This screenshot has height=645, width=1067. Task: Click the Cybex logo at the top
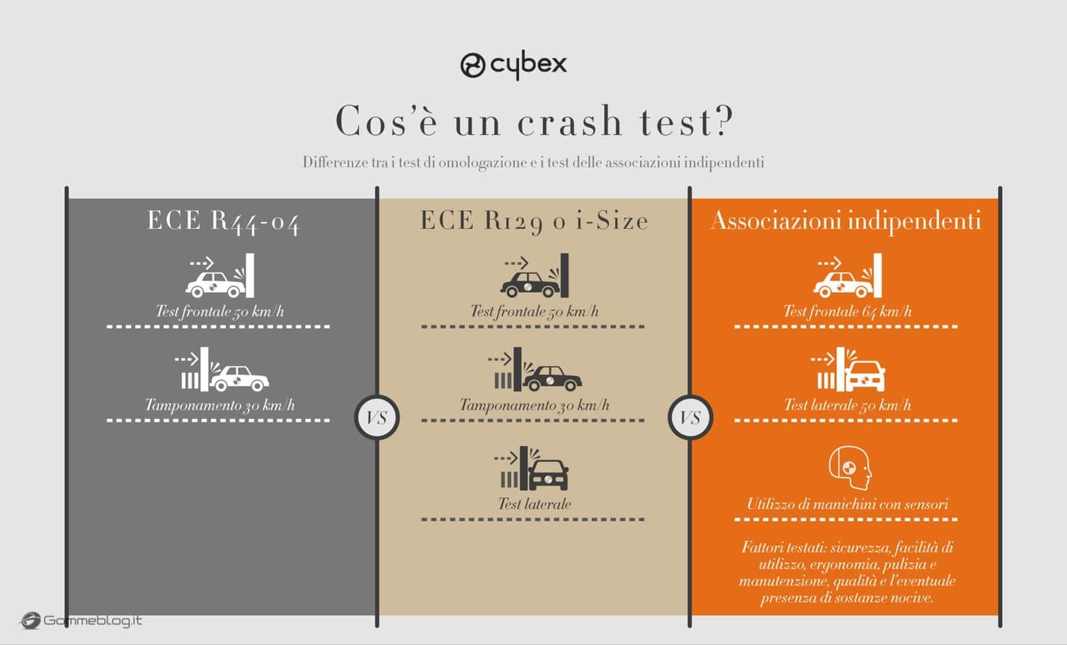(x=514, y=66)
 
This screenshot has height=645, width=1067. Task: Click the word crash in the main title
(x=570, y=121)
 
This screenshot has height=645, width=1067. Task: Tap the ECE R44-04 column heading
(x=223, y=222)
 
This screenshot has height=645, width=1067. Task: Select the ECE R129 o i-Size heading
(x=534, y=222)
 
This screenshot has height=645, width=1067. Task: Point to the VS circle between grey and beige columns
(x=376, y=418)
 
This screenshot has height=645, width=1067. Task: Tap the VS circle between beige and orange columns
(x=691, y=418)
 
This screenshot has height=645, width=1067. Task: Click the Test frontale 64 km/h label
(x=848, y=312)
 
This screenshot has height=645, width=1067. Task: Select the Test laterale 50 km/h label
(x=848, y=406)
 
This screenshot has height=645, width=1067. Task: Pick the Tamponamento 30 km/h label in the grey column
(x=219, y=406)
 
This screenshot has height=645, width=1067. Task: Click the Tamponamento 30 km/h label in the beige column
(x=534, y=406)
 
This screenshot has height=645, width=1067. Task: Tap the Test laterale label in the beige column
(x=534, y=504)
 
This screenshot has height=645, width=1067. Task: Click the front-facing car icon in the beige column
(x=548, y=475)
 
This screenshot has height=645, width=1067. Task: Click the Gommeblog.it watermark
(x=81, y=621)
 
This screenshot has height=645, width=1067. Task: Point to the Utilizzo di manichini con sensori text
(x=848, y=504)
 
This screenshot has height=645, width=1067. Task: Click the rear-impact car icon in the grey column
(x=239, y=378)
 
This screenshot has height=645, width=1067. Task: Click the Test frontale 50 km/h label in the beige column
(x=534, y=312)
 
